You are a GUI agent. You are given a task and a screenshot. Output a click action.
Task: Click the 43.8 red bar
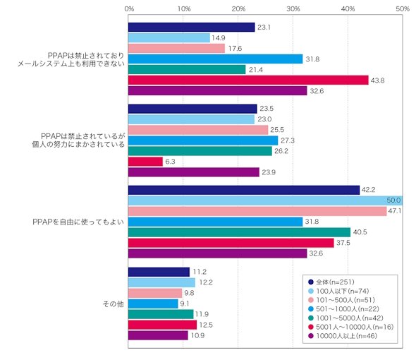point(248,80)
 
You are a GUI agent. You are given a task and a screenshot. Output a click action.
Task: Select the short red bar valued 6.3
point(145,162)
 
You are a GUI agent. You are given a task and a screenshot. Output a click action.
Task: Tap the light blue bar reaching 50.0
point(265,200)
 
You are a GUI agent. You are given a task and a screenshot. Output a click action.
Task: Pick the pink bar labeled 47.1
point(257,211)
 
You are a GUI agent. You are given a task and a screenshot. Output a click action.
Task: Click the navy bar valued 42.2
point(244,190)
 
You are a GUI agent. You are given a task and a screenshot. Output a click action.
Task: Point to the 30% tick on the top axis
point(293,9)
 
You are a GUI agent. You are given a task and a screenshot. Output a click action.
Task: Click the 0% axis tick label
point(129,9)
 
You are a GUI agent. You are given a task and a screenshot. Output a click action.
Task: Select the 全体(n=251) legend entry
point(331,282)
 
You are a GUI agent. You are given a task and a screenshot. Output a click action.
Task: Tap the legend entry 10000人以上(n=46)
point(343,336)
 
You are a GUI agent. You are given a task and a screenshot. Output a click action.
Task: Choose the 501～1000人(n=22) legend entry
point(343,309)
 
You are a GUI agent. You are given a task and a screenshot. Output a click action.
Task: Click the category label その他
point(114,304)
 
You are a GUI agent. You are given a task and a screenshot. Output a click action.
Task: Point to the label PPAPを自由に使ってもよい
point(78,222)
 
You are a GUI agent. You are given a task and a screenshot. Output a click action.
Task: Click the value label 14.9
point(219,38)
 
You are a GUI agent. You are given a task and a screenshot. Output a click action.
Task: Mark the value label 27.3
point(288,140)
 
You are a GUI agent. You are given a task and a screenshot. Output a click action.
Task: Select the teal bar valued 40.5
point(239,232)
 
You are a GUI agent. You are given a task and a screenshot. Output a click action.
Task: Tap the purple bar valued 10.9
point(158,335)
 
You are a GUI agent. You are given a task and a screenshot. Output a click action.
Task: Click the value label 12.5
point(206,325)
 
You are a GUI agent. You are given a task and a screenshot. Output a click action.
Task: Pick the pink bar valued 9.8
point(155,293)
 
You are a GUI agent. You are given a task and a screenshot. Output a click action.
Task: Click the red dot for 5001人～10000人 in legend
point(311,327)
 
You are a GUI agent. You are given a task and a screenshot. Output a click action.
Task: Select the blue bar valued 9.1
point(153,304)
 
